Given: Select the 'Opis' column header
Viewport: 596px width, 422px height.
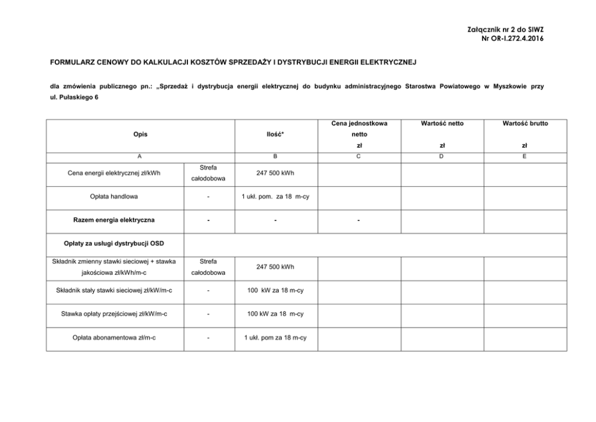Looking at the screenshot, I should [x=140, y=134].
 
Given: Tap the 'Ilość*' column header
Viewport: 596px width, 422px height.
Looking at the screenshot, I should [x=275, y=134].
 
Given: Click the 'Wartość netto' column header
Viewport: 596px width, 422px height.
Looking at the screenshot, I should [x=442, y=123].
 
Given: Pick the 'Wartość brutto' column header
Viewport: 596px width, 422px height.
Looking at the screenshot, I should [x=525, y=123].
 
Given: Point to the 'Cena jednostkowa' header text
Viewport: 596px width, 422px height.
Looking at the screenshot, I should [x=359, y=123].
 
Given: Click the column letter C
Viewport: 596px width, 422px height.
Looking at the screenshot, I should [x=359, y=156].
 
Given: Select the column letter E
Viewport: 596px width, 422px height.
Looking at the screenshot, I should [x=525, y=156].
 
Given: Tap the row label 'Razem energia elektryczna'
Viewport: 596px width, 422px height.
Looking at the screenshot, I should [x=114, y=220].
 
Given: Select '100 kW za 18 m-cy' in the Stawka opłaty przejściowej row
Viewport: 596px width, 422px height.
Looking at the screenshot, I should [x=275, y=314].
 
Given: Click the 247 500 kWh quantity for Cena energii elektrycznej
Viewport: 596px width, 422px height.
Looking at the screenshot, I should [x=275, y=174].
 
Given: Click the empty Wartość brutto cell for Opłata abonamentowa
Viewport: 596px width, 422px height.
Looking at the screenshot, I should [x=525, y=337].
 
